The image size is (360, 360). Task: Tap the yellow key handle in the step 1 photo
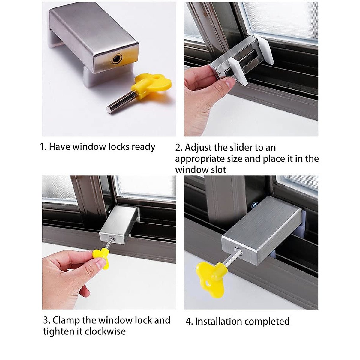pos(153,85)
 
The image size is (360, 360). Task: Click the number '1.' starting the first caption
pos(43,147)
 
